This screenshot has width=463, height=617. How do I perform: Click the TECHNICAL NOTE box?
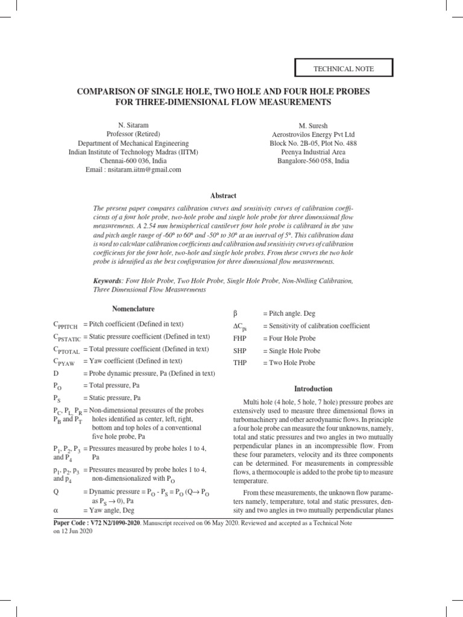[344, 69]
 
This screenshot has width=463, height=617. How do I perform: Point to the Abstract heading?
[223, 196]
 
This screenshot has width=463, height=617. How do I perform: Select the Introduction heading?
[312, 389]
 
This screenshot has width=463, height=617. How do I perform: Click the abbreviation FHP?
[241, 339]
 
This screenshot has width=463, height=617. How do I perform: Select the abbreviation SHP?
[241, 351]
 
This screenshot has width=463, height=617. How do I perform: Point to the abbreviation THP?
[241, 363]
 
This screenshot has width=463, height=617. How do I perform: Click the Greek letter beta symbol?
[236, 314]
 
